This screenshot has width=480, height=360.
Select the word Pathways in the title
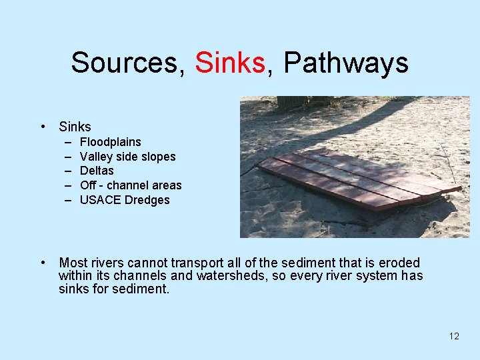click(346, 63)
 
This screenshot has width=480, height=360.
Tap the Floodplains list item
click(111, 142)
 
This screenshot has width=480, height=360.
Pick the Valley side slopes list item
click(128, 157)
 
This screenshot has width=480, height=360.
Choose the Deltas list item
click(97, 171)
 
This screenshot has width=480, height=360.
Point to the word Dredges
click(147, 200)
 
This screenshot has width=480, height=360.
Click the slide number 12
click(454, 336)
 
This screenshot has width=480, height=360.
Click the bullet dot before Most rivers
click(43, 263)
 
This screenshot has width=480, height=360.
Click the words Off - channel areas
click(131, 185)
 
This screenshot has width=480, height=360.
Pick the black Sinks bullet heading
click(75, 127)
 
